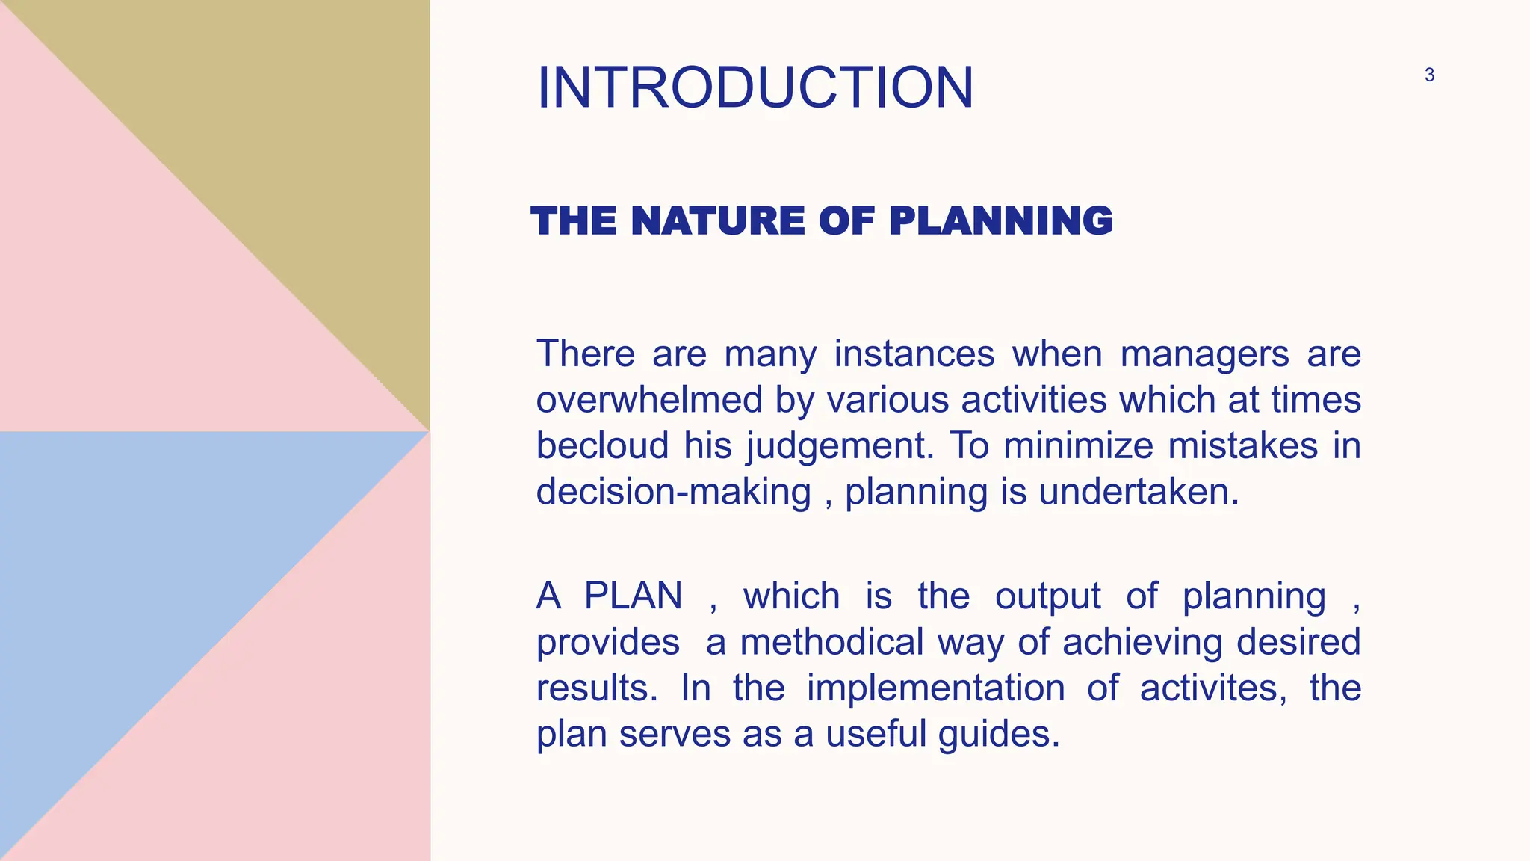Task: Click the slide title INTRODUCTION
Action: [755, 87]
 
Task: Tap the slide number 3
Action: [1429, 75]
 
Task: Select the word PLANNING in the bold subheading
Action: [1000, 221]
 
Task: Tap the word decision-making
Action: [673, 493]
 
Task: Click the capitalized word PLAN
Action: [633, 596]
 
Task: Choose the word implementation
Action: [935, 688]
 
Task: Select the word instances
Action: [914, 354]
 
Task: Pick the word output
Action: [1047, 596]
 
